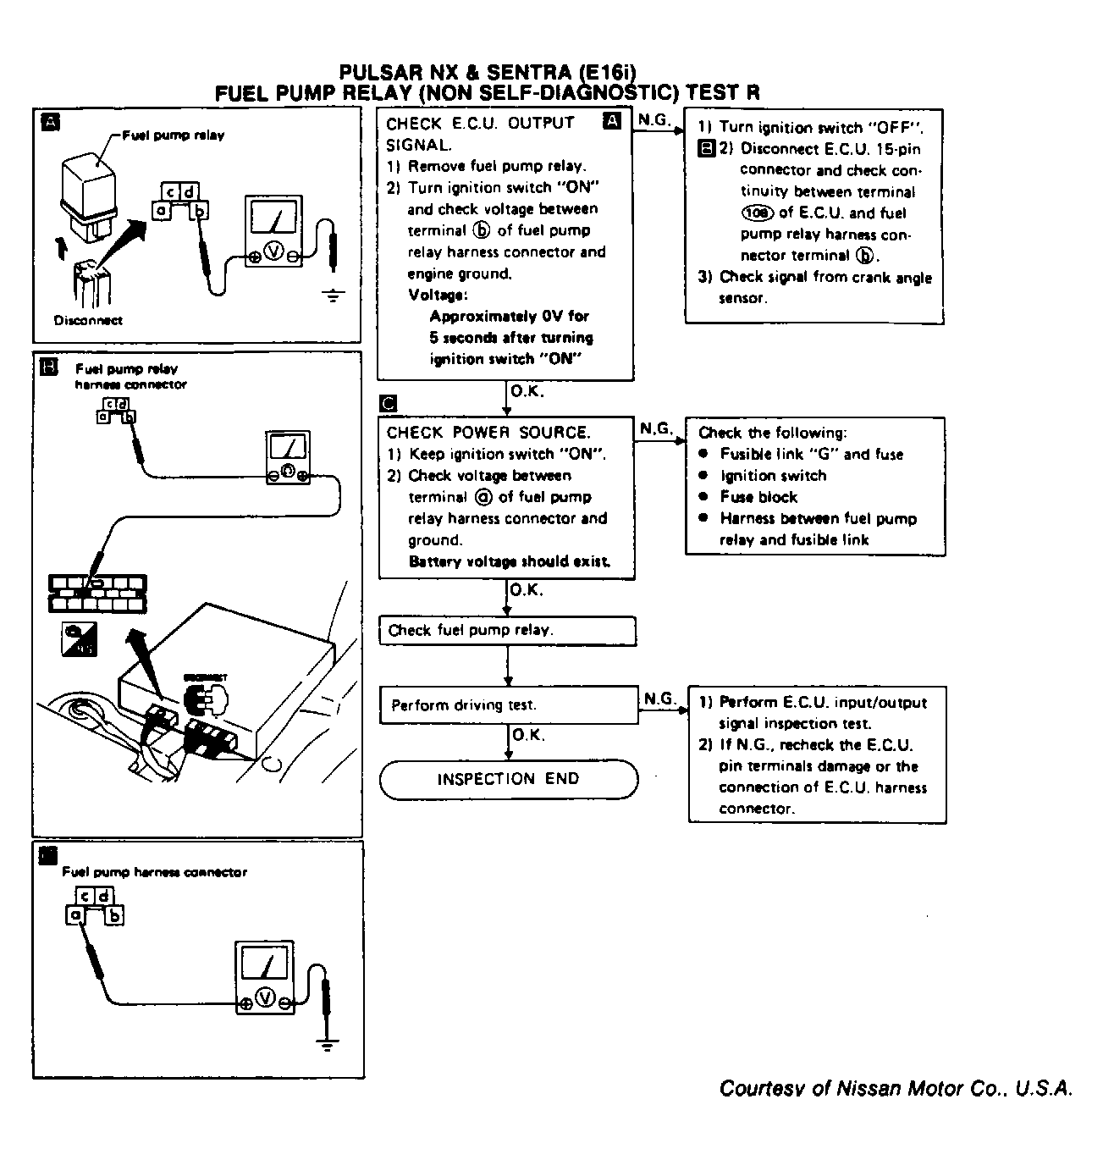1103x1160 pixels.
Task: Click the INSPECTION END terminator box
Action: pyautogui.click(x=508, y=779)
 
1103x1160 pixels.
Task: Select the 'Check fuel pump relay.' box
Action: pyautogui.click(x=507, y=631)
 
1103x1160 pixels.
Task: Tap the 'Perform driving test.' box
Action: pyautogui.click(x=508, y=705)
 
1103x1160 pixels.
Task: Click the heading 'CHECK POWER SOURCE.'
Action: pyautogui.click(x=488, y=433)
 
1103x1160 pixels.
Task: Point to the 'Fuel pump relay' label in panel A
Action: pyautogui.click(x=174, y=135)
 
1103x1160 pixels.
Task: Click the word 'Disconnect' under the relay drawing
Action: pyautogui.click(x=88, y=320)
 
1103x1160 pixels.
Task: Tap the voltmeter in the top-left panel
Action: pyautogui.click(x=273, y=231)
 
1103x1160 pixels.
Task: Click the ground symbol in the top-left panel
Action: pyautogui.click(x=335, y=296)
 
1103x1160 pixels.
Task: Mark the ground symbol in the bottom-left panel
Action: pyautogui.click(x=329, y=1044)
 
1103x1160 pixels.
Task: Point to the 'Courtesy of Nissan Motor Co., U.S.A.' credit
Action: pyautogui.click(x=896, y=1088)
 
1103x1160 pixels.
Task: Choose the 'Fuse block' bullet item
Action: pyautogui.click(x=758, y=497)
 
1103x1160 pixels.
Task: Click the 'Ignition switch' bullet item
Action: pyautogui.click(x=773, y=476)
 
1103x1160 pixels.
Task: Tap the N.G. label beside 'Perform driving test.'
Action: pyautogui.click(x=660, y=699)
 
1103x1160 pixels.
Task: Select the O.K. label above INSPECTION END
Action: pyautogui.click(x=528, y=735)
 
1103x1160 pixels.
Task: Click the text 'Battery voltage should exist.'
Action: pyautogui.click(x=510, y=561)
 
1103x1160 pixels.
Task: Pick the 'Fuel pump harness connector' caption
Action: pyautogui.click(x=155, y=872)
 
